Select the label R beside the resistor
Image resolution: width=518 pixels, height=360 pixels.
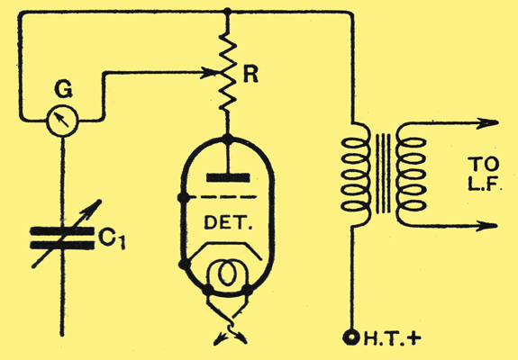click(250, 75)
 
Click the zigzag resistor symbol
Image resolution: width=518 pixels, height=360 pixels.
click(228, 71)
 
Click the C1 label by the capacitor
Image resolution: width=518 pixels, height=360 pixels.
click(113, 238)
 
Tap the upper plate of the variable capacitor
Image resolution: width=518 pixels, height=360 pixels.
click(62, 230)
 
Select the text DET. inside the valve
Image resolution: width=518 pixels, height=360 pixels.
click(228, 222)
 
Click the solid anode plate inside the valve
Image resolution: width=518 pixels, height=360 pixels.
click(228, 177)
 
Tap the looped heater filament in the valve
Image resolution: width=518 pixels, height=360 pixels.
click(227, 273)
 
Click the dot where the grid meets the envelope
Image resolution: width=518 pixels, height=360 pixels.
click(184, 198)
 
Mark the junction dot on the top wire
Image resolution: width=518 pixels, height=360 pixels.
click(228, 12)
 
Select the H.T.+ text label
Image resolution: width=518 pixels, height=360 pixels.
click(392, 338)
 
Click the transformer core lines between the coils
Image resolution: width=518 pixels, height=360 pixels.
click(383, 174)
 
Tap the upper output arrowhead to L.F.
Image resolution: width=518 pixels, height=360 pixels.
click(488, 122)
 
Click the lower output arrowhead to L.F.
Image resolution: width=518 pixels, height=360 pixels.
click(487, 226)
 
